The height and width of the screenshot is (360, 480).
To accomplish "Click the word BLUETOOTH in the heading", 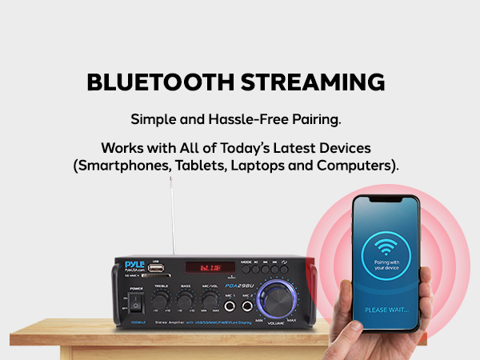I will [156, 83].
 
